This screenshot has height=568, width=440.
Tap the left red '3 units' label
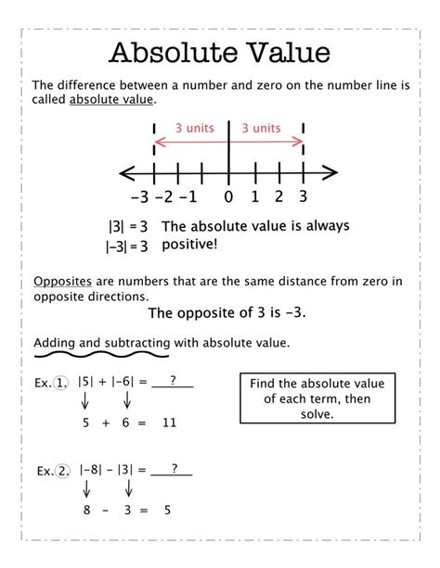tap(189, 128)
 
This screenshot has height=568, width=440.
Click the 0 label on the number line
tap(228, 196)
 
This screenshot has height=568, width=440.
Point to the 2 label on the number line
tap(278, 196)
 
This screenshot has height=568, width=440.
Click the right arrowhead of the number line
tap(331, 171)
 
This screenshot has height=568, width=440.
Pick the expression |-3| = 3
tap(127, 246)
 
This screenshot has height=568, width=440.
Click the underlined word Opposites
tap(61, 283)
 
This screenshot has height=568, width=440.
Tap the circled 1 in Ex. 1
tap(62, 382)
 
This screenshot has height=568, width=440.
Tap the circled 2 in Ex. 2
tap(63, 471)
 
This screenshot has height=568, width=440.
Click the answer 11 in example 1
tap(168, 423)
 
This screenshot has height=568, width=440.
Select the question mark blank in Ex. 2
tap(173, 469)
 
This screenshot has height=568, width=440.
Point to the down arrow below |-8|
tap(85, 488)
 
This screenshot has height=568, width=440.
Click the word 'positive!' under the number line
tap(189, 246)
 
